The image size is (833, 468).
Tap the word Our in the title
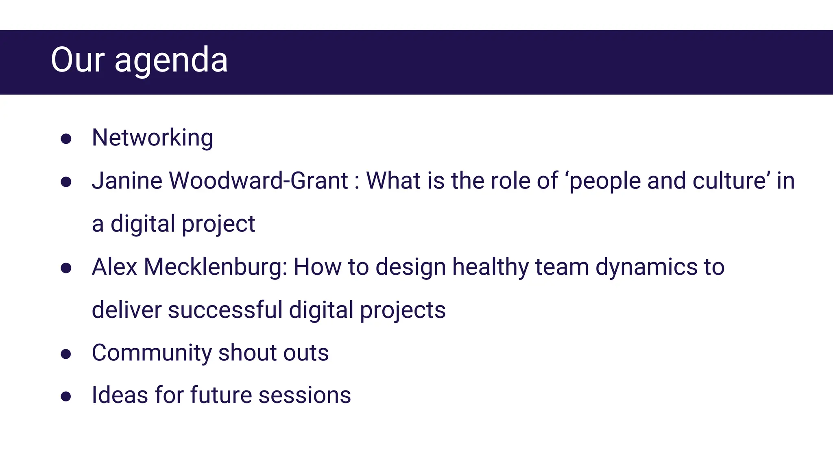tap(78, 60)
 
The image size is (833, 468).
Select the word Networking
tap(153, 138)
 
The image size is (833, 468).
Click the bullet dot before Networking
tap(66, 139)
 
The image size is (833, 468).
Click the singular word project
tap(218, 224)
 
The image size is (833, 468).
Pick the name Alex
tap(114, 267)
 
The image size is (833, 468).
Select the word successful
tap(225, 310)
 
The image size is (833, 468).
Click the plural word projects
tap(403, 311)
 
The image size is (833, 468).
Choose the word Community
tap(152, 353)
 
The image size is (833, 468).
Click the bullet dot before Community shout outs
tap(66, 354)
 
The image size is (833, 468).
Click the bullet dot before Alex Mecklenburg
tap(66, 268)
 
